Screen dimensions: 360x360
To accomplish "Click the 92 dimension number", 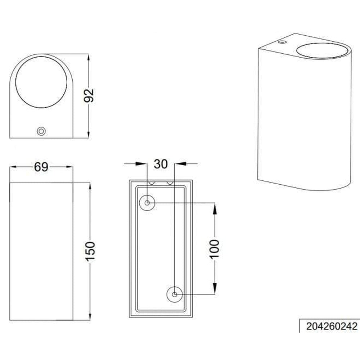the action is pos(89,95).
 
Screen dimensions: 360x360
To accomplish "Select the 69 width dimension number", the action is pos(41,167).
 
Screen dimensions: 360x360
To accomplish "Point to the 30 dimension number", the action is pos(161,164).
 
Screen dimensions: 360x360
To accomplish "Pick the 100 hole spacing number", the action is pos(215,249).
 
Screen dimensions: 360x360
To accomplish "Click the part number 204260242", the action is pos(332,326).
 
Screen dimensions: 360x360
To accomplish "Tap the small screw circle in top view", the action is pos(41,131).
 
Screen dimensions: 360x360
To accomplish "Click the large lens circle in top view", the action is pos(41,82).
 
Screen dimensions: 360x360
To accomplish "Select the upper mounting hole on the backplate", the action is pos(147,203).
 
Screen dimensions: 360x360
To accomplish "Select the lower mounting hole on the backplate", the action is pos(175,294).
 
